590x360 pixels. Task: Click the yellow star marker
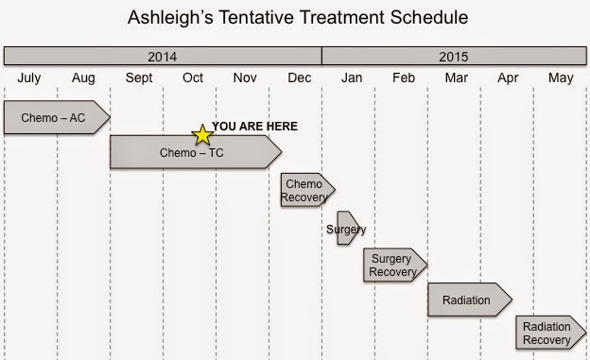[x=202, y=135]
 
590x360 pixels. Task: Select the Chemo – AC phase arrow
[x=57, y=117]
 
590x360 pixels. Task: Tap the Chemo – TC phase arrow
[x=196, y=152]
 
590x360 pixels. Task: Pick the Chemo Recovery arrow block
[x=308, y=190]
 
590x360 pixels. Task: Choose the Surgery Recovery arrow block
[x=395, y=265]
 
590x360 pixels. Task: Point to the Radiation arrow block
[x=470, y=300]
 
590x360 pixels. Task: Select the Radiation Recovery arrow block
[x=551, y=333]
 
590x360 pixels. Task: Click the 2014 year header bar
[x=163, y=56]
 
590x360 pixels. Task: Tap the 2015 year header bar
[x=454, y=56]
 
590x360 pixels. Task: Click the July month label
[x=29, y=77]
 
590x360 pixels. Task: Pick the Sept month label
[x=139, y=77]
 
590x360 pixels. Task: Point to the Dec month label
[x=300, y=77]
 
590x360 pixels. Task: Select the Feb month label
[x=404, y=77]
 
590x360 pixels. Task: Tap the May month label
[x=561, y=77]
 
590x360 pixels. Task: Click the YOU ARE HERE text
[x=254, y=127]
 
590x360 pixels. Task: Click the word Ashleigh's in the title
[x=171, y=17]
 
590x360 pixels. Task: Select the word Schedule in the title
[x=429, y=17]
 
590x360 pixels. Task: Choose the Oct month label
[x=193, y=77]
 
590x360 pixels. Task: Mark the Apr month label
[x=508, y=77]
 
